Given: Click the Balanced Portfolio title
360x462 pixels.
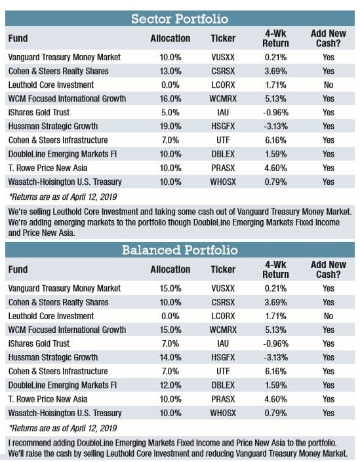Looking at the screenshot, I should (180, 250).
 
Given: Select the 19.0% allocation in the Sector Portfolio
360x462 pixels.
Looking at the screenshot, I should (170, 126).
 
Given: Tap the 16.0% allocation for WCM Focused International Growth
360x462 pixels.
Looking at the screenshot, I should (170, 98).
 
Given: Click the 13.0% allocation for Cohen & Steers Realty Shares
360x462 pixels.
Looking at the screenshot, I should (170, 71).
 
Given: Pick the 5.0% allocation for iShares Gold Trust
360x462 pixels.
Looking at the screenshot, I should (170, 112).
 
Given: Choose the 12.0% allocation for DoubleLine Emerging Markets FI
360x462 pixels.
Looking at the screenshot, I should (170, 385).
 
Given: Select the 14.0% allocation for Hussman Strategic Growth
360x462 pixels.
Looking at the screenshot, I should (170, 357).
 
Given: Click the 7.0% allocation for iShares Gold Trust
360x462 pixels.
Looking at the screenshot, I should (170, 343).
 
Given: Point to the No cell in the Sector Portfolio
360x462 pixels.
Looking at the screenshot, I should (328, 85).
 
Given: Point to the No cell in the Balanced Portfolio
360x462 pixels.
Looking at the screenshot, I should (328, 316).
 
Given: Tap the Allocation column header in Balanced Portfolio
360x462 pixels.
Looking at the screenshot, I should (170, 269).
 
